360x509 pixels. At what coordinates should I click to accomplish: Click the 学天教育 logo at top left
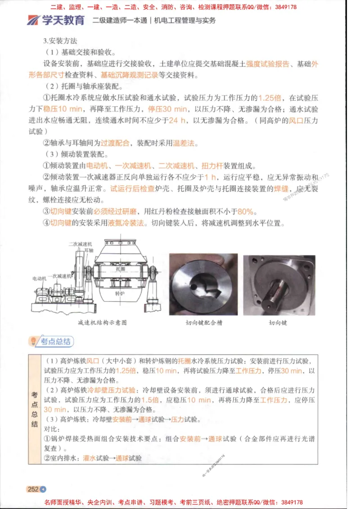[x=56, y=20]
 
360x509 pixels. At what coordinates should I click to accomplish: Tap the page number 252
[x=33, y=489]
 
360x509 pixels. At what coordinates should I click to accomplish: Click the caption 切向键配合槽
[x=203, y=322]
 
